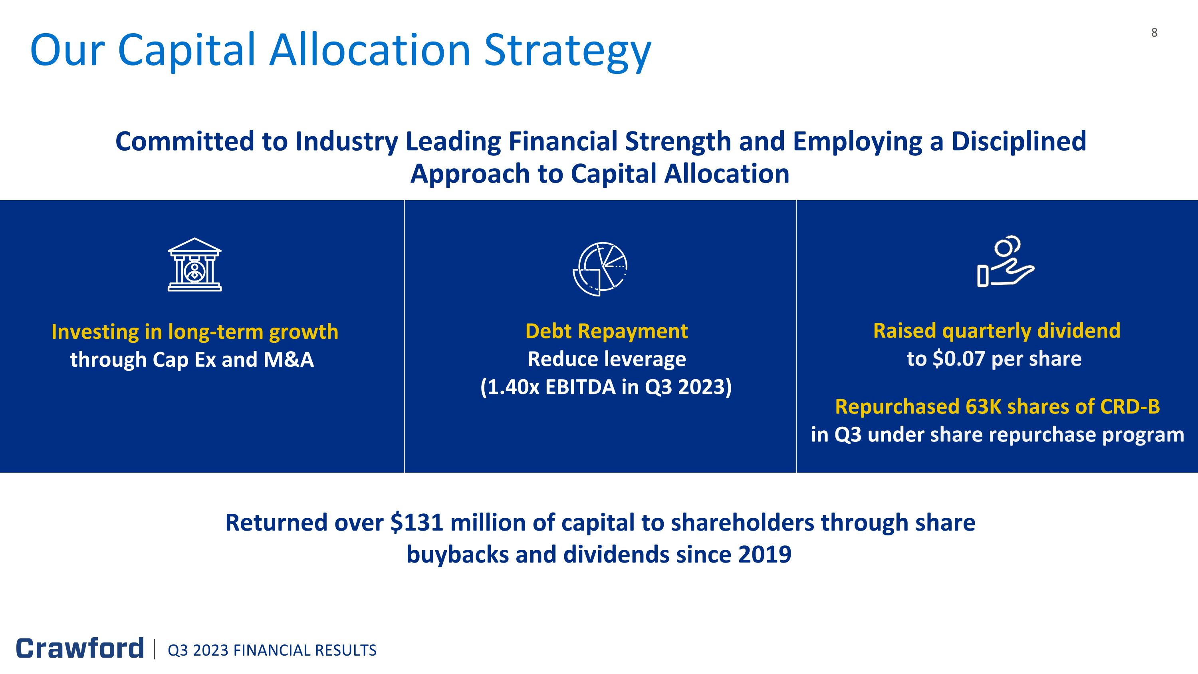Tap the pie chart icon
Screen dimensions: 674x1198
600,269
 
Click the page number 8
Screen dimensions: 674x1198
1154,32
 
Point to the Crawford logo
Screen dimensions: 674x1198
80,648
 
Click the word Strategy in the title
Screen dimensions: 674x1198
567,50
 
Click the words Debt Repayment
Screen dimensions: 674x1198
606,331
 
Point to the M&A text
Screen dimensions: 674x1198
288,360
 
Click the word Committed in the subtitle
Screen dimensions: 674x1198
185,141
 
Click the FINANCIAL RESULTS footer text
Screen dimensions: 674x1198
305,650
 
